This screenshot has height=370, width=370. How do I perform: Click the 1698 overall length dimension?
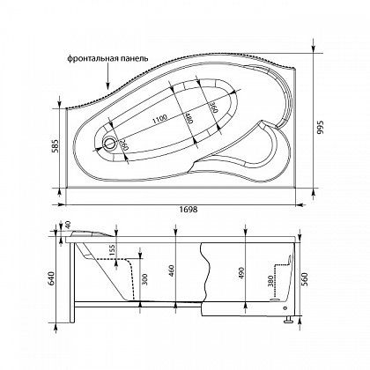pos(189,210)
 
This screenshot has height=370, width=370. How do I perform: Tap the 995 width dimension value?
pos(321,127)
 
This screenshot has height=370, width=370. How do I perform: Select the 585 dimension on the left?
pos(55,147)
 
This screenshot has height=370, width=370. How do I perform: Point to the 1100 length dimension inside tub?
pos(159,119)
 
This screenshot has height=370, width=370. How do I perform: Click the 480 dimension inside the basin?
pos(189,117)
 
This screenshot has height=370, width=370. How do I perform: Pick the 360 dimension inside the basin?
pos(214,107)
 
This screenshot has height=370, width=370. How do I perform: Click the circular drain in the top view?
pos(109,144)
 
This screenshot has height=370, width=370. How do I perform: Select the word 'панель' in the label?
pos(134,59)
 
